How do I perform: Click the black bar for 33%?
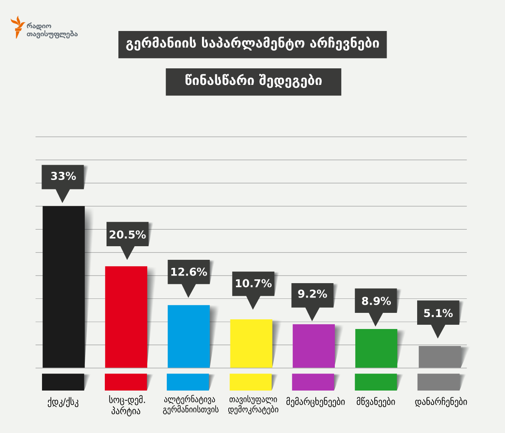pos(64,287)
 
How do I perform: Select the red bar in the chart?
pos(126,317)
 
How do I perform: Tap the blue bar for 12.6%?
pos(189,336)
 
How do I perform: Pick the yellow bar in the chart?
pos(251,343)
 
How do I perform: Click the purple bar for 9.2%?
pos(314,346)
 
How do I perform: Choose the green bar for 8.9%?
pos(376,348)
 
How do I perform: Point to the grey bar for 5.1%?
pos(440,357)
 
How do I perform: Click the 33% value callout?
pos(63,177)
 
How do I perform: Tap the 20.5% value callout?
pos(127,234)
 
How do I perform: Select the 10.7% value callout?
pos(253,284)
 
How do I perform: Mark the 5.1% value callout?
pos(438,313)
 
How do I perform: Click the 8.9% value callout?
pos(376,301)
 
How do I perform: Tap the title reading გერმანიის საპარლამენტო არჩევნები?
pos(252,45)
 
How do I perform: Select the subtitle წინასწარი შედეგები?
pos(253,82)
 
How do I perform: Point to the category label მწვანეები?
pos(376,402)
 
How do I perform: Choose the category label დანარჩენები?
pos(440,402)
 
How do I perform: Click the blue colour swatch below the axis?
pos(188,382)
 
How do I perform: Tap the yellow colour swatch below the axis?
pos(250,382)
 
